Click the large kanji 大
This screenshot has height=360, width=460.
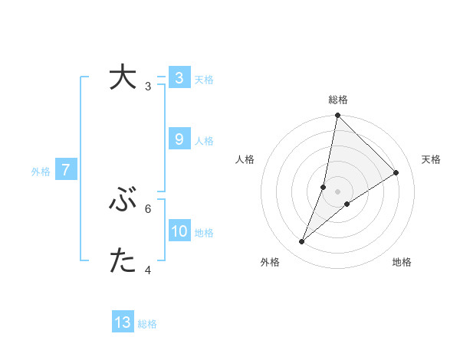[x=123, y=77]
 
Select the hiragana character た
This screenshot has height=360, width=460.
[x=123, y=262]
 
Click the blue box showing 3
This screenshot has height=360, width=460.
[x=179, y=77]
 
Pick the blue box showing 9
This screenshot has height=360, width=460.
[x=179, y=139]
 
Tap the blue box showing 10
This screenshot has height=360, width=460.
[x=179, y=231]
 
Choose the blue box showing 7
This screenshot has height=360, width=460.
[x=66, y=170]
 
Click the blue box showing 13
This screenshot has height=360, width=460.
[x=123, y=322]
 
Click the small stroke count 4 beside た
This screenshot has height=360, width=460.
[x=148, y=270]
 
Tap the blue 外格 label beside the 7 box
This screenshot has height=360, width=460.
[x=41, y=172]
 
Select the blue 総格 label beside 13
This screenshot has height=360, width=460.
[x=147, y=324]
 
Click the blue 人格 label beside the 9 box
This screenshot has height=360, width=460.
[x=204, y=141]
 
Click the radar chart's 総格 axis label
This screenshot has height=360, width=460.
[x=338, y=100]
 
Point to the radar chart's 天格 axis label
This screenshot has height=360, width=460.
[x=431, y=159]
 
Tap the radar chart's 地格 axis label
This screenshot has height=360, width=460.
[x=402, y=262]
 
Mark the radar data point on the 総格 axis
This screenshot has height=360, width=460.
[x=338, y=116]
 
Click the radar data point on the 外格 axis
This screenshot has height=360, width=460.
[x=302, y=242]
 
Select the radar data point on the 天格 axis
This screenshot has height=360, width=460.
[x=396, y=173]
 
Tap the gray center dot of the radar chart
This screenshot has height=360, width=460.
[x=338, y=191]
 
